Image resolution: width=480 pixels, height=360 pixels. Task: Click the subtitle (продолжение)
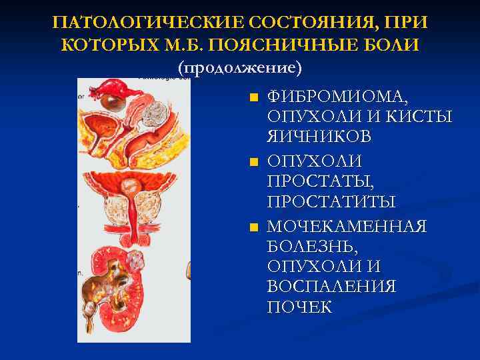click(x=240, y=68)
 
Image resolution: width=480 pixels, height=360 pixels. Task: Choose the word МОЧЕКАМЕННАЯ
click(x=347, y=227)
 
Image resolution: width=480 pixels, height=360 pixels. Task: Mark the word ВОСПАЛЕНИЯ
click(x=331, y=287)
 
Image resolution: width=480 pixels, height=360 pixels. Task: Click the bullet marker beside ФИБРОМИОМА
click(x=253, y=97)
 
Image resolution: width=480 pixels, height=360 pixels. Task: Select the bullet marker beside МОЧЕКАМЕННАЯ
click(x=253, y=228)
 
